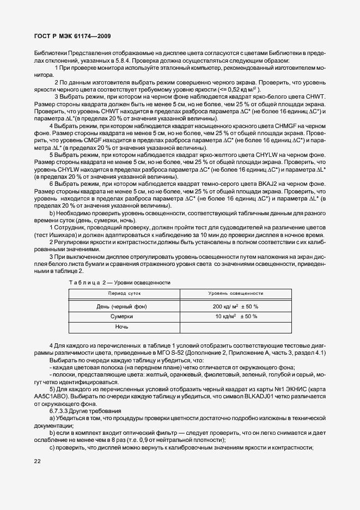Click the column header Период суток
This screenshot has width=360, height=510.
click(124, 293)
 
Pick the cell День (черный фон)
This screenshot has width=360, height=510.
click(121, 307)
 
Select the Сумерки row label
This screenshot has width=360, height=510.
click(121, 317)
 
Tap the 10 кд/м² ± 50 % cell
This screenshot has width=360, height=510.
click(235, 317)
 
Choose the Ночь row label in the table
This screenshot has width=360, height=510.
click(121, 327)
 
